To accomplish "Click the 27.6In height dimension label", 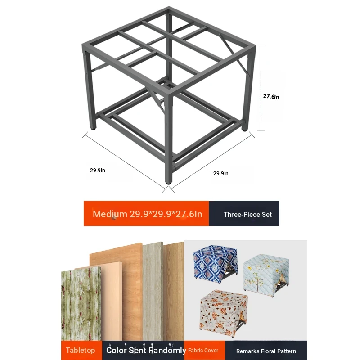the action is [271, 97].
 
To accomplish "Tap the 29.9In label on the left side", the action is [98, 171].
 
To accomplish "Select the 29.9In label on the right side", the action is [221, 174].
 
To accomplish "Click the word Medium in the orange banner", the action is [110, 214].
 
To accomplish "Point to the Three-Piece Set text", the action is [248, 215].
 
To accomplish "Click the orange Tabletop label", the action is [81, 350].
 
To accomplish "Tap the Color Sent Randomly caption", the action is [146, 350].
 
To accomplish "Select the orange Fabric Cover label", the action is [203, 351].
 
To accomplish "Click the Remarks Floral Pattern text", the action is [266, 351].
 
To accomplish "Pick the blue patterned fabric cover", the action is [216, 264].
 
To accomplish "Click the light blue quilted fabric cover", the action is [266, 274].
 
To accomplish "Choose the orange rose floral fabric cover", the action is [224, 313].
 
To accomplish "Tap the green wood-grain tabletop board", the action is [81, 303].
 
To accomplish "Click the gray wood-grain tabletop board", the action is [153, 291].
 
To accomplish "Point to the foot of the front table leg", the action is [169, 183].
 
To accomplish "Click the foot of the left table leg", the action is [93, 129].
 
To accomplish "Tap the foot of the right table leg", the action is [244, 130].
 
